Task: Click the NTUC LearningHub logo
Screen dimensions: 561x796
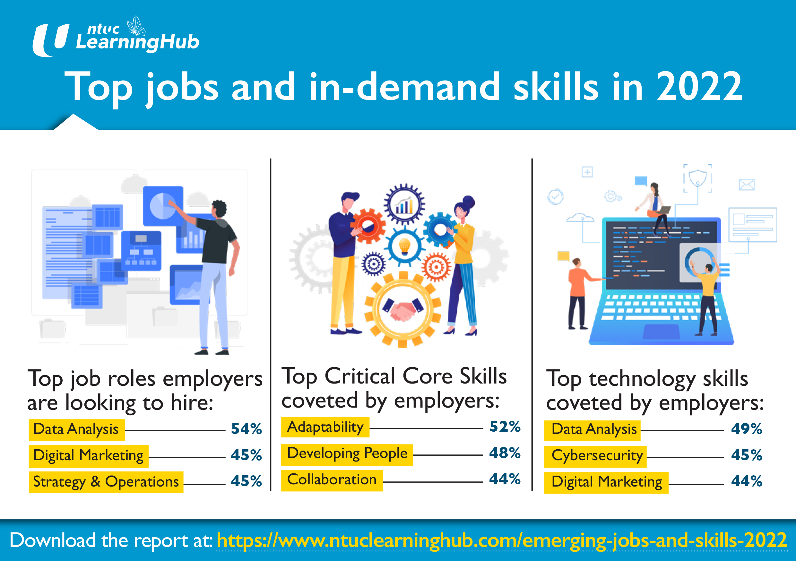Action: click(x=116, y=38)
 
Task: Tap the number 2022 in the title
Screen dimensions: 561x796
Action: click(x=699, y=87)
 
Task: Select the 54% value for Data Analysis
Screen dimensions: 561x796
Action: click(x=246, y=429)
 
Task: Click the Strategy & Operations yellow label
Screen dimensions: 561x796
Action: click(x=106, y=482)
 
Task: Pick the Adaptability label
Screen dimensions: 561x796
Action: click(x=325, y=427)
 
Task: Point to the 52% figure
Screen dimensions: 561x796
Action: click(x=505, y=427)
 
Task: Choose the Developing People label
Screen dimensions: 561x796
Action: click(x=347, y=453)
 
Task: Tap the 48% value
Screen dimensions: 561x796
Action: click(x=505, y=453)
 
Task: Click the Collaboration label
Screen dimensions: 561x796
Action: click(x=332, y=480)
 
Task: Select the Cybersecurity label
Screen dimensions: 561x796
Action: click(x=597, y=456)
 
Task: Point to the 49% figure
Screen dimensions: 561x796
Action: click(x=747, y=429)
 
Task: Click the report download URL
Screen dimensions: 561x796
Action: click(x=501, y=540)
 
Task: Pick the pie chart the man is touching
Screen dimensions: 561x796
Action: click(x=162, y=206)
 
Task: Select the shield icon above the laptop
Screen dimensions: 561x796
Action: click(x=697, y=178)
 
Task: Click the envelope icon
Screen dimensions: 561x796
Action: click(x=747, y=185)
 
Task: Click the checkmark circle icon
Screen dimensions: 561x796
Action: click(x=555, y=197)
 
